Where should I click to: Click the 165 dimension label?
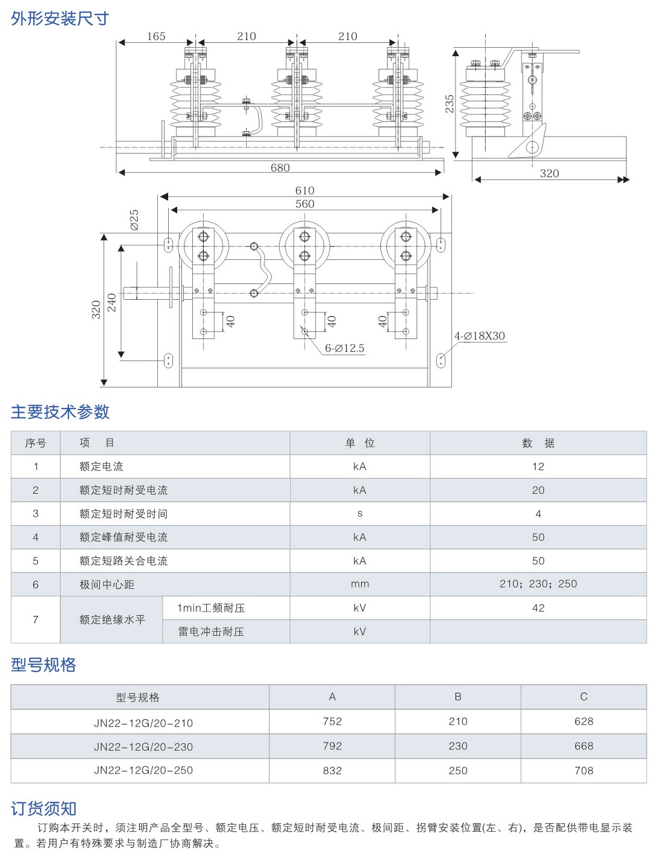pyautogui.click(x=156, y=36)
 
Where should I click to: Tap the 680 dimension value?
pyautogui.click(x=280, y=168)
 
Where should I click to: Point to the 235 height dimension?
pyautogui.click(x=449, y=104)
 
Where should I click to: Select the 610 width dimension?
pyautogui.click(x=305, y=190)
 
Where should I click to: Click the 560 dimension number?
pyautogui.click(x=305, y=204)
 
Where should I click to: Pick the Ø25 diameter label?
pyautogui.click(x=134, y=220)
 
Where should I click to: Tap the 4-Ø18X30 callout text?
pyautogui.click(x=480, y=336)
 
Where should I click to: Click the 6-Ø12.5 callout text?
pyautogui.click(x=345, y=348)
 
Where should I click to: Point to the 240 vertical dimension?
pyautogui.click(x=112, y=302)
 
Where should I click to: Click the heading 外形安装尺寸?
pyautogui.click(x=60, y=18)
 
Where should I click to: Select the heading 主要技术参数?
pyautogui.click(x=60, y=412)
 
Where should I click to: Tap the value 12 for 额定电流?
pyautogui.click(x=538, y=467)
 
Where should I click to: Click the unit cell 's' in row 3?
pyautogui.click(x=360, y=514)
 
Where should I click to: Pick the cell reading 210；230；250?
pyautogui.click(x=538, y=584)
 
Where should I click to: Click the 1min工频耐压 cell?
pyautogui.click(x=211, y=608)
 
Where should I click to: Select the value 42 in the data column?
pyautogui.click(x=538, y=608)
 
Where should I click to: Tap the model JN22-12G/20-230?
pyautogui.click(x=143, y=747)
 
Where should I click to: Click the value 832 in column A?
pyautogui.click(x=332, y=771)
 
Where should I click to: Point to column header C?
pyautogui.click(x=584, y=696)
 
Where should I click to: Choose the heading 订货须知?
pyautogui.click(x=44, y=809)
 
